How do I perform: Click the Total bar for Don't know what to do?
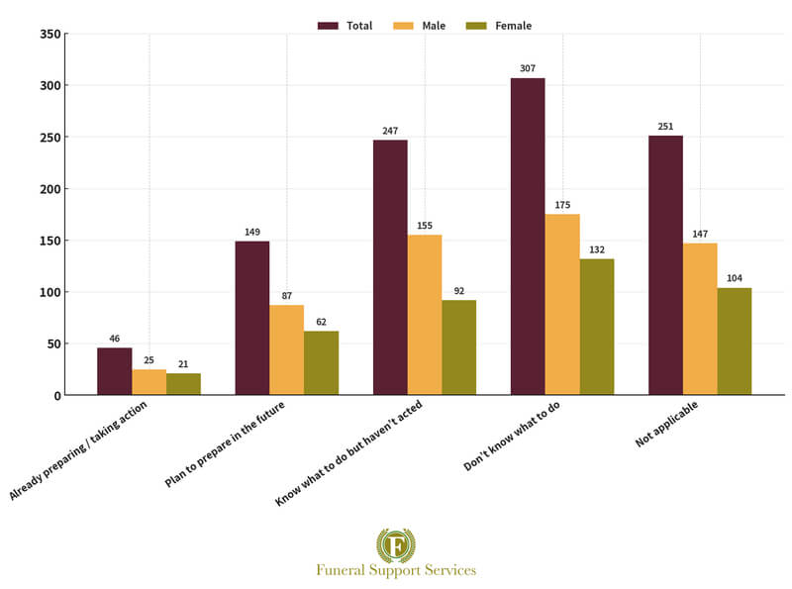(528, 237)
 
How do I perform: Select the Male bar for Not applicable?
(700, 319)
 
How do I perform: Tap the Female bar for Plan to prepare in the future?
(321, 363)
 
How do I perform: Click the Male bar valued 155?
(425, 315)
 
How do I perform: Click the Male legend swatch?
(403, 26)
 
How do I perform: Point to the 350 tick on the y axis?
(49, 35)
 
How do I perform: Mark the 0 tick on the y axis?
(55, 396)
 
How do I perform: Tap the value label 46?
(114, 339)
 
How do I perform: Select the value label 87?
(286, 296)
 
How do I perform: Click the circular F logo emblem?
(396, 544)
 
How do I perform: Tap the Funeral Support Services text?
(396, 570)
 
